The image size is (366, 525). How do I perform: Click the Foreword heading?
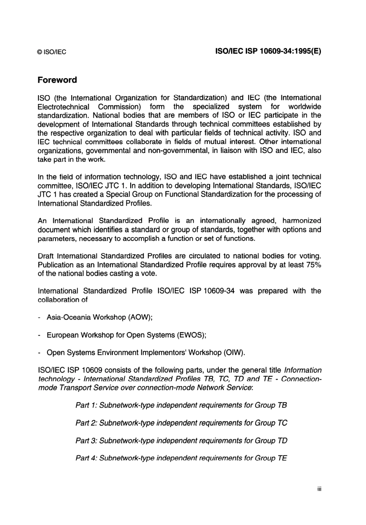(x=57, y=80)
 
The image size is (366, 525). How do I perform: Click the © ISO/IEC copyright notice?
(x=52, y=52)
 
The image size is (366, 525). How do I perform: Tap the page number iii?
(x=319, y=489)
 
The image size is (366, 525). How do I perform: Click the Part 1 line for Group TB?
(x=181, y=405)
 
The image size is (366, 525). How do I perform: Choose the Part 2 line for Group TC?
(x=181, y=423)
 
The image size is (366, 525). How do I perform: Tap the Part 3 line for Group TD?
(x=181, y=441)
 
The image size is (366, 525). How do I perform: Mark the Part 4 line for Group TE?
(x=181, y=458)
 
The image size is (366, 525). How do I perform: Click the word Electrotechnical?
(x=63, y=107)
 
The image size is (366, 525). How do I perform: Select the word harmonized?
(x=301, y=221)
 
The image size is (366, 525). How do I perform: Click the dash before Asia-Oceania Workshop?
(x=40, y=317)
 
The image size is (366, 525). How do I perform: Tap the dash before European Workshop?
(x=40, y=335)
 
